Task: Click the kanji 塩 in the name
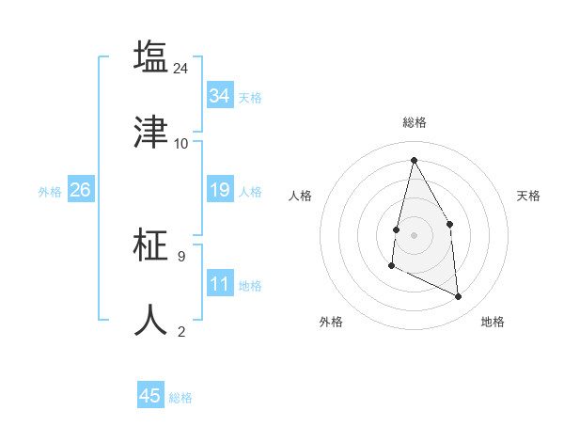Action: tap(150, 56)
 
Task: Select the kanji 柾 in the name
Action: tap(150, 245)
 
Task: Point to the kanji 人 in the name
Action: tap(150, 320)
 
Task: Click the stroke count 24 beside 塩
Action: tap(181, 68)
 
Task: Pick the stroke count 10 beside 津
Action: tap(181, 143)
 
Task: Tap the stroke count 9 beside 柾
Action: tap(181, 256)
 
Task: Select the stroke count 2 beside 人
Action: tap(181, 331)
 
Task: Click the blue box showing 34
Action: tap(220, 96)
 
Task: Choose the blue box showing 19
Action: tap(220, 190)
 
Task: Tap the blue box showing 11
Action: tap(220, 284)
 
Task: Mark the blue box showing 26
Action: tap(80, 190)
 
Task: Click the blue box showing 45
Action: tap(150, 396)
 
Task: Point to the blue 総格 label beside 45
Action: tap(180, 398)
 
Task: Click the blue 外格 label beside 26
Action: tap(50, 192)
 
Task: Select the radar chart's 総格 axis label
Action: tap(414, 122)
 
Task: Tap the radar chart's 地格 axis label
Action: tap(493, 322)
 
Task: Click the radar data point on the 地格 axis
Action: tap(459, 296)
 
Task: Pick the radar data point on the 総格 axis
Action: tap(414, 160)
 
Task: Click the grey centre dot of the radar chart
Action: tap(414, 233)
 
